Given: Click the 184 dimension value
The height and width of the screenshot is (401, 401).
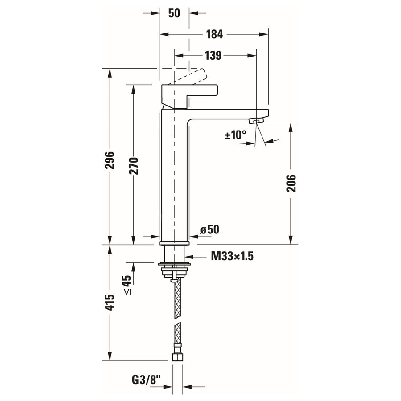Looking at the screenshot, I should click(214, 34).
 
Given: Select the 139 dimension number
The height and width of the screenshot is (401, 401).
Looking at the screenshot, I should click(213, 56).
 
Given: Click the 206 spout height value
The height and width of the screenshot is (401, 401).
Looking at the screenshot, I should click(291, 183).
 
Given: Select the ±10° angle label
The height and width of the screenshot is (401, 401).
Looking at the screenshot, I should click(235, 135).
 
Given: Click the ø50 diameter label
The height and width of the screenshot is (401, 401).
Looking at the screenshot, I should click(209, 229).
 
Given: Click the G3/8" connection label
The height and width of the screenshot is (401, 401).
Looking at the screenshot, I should click(146, 380).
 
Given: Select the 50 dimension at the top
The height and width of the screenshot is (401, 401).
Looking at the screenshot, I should click(174, 13).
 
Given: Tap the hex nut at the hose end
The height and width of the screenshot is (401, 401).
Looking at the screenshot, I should click(177, 357).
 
